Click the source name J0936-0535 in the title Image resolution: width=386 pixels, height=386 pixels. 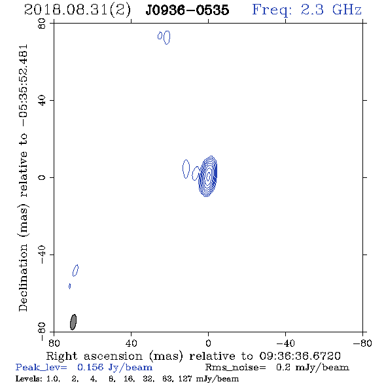pos(187,10)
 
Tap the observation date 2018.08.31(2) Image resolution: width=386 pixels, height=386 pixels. pos(77,10)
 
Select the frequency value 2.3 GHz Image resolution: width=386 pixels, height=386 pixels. pos(331,10)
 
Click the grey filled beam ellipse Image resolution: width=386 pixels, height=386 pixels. pos(73,322)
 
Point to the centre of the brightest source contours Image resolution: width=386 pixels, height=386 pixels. pos(208,176)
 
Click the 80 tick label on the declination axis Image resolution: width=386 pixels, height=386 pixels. pos(42,24)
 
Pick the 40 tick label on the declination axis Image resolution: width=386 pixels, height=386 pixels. pos(42,101)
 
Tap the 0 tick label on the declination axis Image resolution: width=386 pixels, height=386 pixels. pos(42,177)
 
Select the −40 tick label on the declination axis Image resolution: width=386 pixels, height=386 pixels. pos(42,254)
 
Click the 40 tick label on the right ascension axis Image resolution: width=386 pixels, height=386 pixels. pos(131,343)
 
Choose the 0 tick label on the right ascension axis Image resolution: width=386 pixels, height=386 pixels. pos(208,343)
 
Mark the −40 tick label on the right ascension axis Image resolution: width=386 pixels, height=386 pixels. pos(285,343)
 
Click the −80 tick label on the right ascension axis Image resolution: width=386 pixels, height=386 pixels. pos(362,343)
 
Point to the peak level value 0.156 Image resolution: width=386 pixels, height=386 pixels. pos(90,367)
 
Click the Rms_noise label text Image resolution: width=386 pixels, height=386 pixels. pos(236,368)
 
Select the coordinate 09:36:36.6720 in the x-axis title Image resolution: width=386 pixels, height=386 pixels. pos(300,356)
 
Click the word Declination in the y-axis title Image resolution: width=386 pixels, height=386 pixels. pos(23,277)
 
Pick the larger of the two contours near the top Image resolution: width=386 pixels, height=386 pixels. pos(167,37)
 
